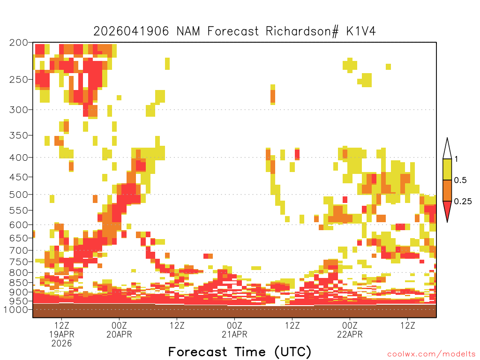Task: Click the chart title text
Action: pyautogui.click(x=234, y=31)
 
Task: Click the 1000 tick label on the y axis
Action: pyautogui.click(x=17, y=310)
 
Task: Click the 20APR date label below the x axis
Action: pyautogui.click(x=119, y=334)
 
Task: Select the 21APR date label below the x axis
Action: pyautogui.click(x=234, y=334)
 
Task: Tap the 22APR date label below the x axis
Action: pyautogui.click(x=350, y=334)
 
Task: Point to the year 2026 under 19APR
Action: pyautogui.click(x=62, y=343)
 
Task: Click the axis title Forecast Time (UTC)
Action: pyautogui.click(x=240, y=352)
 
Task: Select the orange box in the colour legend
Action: pyautogui.click(x=447, y=190)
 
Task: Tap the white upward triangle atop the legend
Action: pyautogui.click(x=447, y=149)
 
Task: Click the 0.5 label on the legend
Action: pyautogui.click(x=461, y=180)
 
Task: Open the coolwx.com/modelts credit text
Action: pyautogui.click(x=431, y=354)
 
